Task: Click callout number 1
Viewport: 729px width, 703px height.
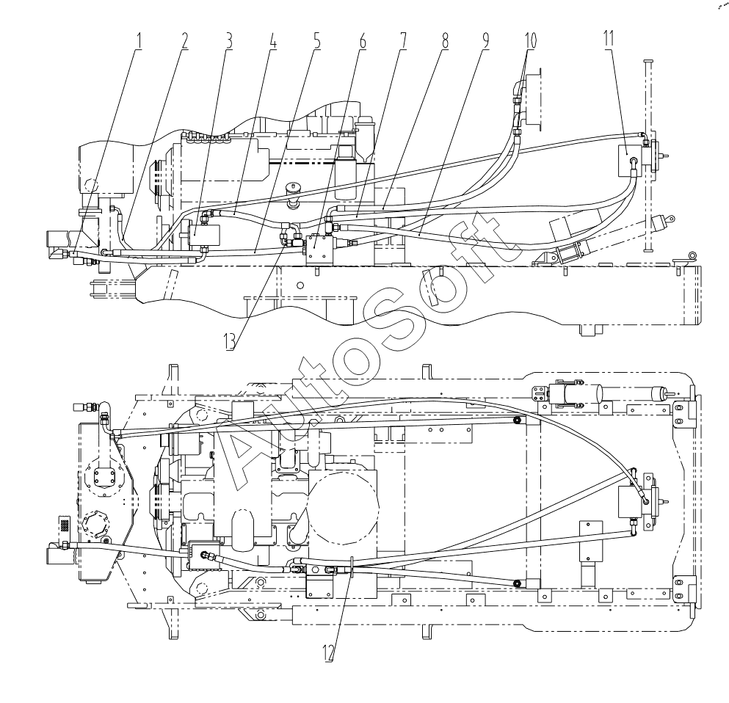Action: [x=138, y=41]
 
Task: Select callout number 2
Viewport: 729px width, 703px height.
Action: [x=184, y=41]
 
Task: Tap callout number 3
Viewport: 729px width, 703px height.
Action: [x=228, y=41]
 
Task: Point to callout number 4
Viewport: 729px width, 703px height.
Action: [x=273, y=41]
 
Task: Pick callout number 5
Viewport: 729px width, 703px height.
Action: [x=317, y=41]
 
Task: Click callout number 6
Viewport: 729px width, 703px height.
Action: [x=362, y=41]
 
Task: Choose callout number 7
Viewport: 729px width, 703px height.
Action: [x=402, y=41]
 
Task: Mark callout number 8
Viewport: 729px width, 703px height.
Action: [x=445, y=41]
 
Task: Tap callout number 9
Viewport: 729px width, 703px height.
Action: [x=485, y=41]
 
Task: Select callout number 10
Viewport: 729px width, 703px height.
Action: [x=530, y=41]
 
